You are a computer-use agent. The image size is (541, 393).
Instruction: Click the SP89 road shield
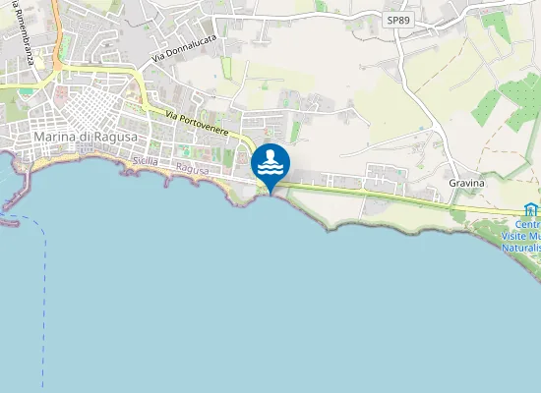[x=395, y=20]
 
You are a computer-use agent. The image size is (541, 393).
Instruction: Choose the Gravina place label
[x=466, y=183]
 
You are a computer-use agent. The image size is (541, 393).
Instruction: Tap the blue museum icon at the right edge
[x=532, y=209]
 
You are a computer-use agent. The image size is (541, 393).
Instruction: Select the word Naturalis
[x=521, y=248]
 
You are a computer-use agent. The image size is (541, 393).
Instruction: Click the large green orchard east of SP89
[x=516, y=98]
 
